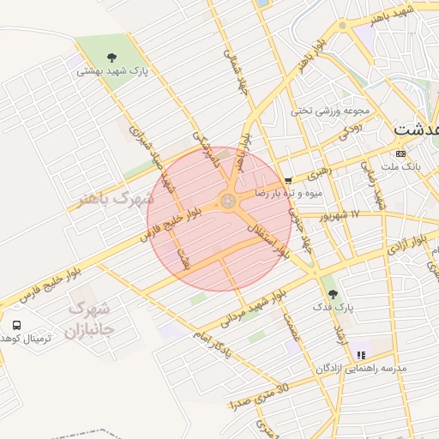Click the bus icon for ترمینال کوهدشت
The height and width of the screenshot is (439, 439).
17,325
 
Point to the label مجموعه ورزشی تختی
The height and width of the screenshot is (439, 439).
329,111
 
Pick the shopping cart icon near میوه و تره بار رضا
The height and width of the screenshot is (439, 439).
287,180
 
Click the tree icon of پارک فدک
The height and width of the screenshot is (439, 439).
333,294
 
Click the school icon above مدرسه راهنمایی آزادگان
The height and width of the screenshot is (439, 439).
361,354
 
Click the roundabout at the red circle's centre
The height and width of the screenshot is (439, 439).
228,201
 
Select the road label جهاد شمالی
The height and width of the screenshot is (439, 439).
233,67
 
